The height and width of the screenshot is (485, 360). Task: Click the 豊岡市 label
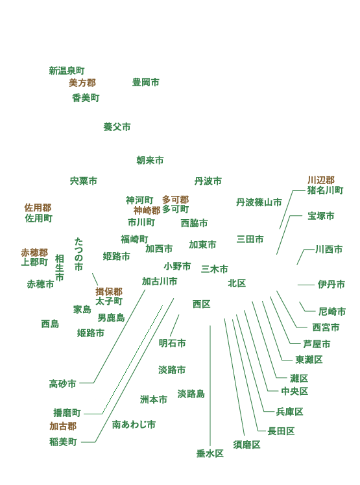145,82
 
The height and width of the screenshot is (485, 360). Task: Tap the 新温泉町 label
67,71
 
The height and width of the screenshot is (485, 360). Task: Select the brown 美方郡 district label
82,83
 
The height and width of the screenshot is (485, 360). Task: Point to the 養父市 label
117,127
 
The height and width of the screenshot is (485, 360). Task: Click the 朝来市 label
150,160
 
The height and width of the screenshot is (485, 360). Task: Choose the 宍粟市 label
84,181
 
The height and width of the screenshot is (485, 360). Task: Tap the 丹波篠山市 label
259,202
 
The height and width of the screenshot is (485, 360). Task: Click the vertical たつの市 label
78,254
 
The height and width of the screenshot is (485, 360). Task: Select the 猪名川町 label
326,190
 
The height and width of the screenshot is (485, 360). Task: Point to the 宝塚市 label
321,216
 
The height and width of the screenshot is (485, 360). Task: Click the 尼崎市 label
332,311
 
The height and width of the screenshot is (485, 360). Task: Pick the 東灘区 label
309,360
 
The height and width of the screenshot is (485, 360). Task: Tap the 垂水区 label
210,454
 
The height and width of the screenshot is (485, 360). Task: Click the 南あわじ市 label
134,424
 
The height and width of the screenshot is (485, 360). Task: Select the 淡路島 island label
191,394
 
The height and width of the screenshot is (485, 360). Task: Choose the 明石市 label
173,343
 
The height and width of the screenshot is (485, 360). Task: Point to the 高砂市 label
62,384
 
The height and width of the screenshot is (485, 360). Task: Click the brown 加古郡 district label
63,426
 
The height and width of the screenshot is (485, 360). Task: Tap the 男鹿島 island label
111,318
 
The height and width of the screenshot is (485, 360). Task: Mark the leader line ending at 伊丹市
306,285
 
